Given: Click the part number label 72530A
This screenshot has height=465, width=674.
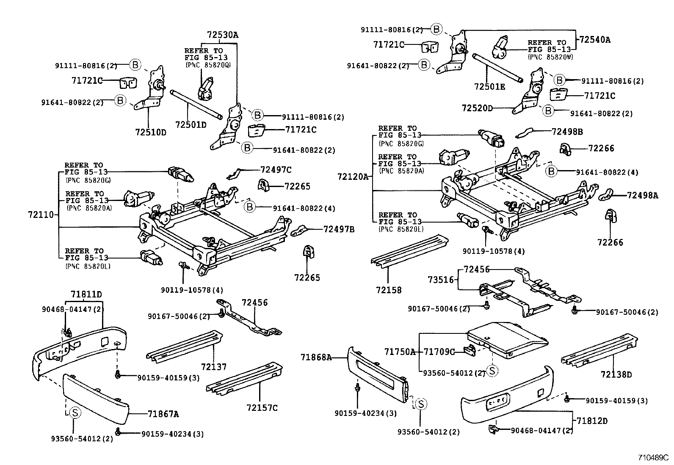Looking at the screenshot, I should tap(222, 35).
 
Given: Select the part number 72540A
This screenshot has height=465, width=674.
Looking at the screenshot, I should tap(595, 40).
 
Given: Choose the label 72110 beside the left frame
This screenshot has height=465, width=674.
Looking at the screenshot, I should tap(41, 215).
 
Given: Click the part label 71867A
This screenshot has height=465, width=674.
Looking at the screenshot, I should tap(163, 414).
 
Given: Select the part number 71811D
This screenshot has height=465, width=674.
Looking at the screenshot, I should tap(86, 294).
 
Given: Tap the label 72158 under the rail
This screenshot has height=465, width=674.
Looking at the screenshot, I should tap(388, 290).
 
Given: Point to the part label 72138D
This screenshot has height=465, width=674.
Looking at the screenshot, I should tap(616, 374).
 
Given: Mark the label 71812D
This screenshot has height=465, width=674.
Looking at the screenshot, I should tap(592, 421).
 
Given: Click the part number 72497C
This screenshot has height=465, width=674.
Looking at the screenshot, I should tap(276, 170).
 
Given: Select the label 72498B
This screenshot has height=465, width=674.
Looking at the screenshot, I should tap(567, 132).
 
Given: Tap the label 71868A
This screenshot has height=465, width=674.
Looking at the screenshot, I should tap(316, 357).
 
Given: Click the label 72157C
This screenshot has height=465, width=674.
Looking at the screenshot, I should tap(262, 407).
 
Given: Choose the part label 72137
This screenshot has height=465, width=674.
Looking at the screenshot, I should tap(214, 367).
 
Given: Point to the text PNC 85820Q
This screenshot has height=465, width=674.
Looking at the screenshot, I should tap(208, 64).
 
